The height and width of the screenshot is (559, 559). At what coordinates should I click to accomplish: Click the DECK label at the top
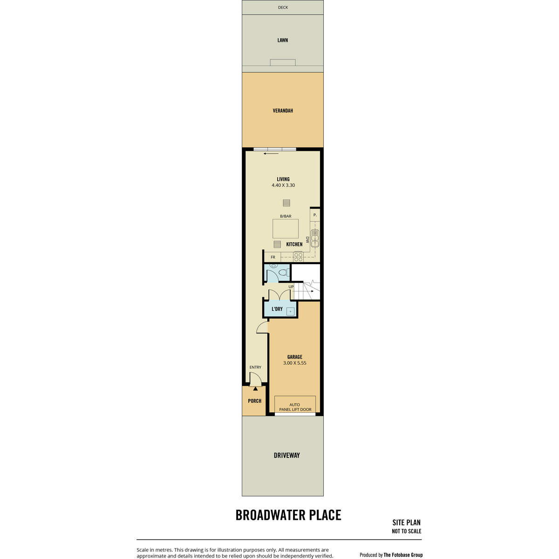(x=283, y=7)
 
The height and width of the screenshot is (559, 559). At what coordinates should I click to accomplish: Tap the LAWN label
(x=283, y=41)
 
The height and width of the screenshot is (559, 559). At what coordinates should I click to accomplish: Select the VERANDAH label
(x=283, y=110)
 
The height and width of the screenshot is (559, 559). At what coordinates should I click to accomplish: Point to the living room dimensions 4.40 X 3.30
(x=283, y=185)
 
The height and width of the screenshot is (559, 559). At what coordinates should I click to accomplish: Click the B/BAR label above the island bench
(x=286, y=216)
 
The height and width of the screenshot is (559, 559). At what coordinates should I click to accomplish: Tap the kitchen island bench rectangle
(x=286, y=229)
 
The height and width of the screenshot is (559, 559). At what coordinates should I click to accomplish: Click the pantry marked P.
(x=315, y=215)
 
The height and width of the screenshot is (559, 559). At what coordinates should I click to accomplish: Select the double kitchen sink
(x=314, y=239)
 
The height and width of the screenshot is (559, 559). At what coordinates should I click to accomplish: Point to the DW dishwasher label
(x=307, y=239)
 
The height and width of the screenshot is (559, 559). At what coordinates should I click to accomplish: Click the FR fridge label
(x=273, y=257)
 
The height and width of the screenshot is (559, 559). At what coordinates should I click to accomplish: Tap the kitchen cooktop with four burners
(x=298, y=257)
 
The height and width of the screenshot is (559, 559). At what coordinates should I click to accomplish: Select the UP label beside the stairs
(x=291, y=286)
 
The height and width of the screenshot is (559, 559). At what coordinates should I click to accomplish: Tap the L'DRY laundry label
(x=277, y=309)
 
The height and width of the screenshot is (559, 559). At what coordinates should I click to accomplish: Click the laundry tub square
(x=290, y=312)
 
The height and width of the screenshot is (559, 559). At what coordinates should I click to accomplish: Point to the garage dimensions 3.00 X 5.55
(x=294, y=363)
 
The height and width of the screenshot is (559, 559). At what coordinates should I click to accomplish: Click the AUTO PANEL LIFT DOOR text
(x=295, y=407)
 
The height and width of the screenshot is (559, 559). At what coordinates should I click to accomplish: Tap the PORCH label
(x=254, y=401)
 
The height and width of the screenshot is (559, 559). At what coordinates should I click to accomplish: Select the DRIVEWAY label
(x=286, y=456)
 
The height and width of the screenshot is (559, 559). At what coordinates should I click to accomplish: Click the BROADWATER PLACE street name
(x=288, y=515)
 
